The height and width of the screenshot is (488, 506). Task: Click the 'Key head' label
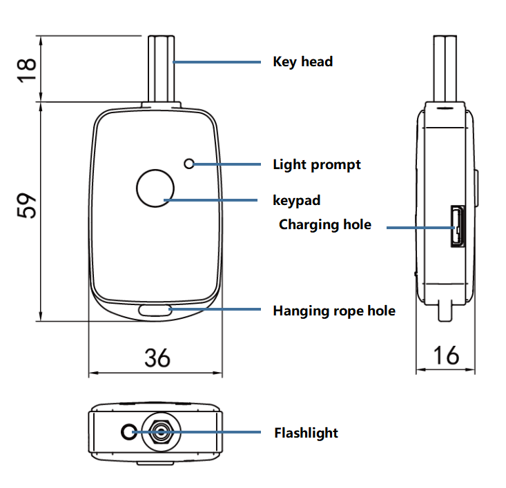point(302,61)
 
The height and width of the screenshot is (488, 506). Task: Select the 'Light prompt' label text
point(316,164)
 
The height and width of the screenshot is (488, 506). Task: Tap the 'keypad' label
point(297,201)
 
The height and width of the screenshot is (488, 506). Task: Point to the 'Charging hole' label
point(324,224)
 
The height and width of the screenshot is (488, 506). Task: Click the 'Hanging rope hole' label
point(334,311)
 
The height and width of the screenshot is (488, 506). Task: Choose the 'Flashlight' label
point(306,433)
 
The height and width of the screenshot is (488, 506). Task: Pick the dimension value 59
point(26,205)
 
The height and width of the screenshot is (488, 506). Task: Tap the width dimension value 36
point(157,358)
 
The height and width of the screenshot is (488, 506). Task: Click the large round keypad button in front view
point(157,188)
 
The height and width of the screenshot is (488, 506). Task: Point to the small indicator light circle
point(190,164)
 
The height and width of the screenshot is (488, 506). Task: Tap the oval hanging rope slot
point(156,311)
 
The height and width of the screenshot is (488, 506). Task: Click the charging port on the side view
point(456,227)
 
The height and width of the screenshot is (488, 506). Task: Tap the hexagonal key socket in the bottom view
point(160,433)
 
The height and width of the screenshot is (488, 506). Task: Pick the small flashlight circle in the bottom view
point(128,433)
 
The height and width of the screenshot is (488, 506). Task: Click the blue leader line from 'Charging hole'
point(418,226)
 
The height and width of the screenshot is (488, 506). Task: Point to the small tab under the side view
point(445,310)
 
